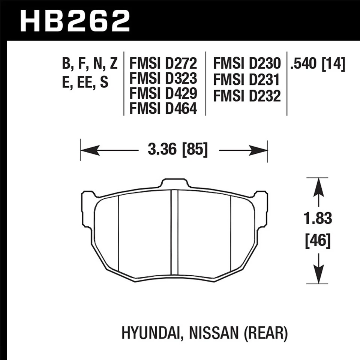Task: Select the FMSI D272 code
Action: tap(163, 64)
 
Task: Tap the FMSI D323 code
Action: tap(163, 79)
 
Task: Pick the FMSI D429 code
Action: tap(163, 94)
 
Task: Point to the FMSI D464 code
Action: tap(163, 109)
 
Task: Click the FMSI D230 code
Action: tap(247, 64)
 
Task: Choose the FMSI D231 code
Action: tap(247, 80)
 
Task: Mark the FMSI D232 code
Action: tap(247, 96)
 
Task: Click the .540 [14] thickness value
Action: tap(317, 64)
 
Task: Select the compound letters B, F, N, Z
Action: tap(90, 64)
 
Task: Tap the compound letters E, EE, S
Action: tap(85, 82)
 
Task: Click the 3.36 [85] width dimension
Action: tap(178, 150)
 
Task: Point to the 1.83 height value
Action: tap(318, 218)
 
